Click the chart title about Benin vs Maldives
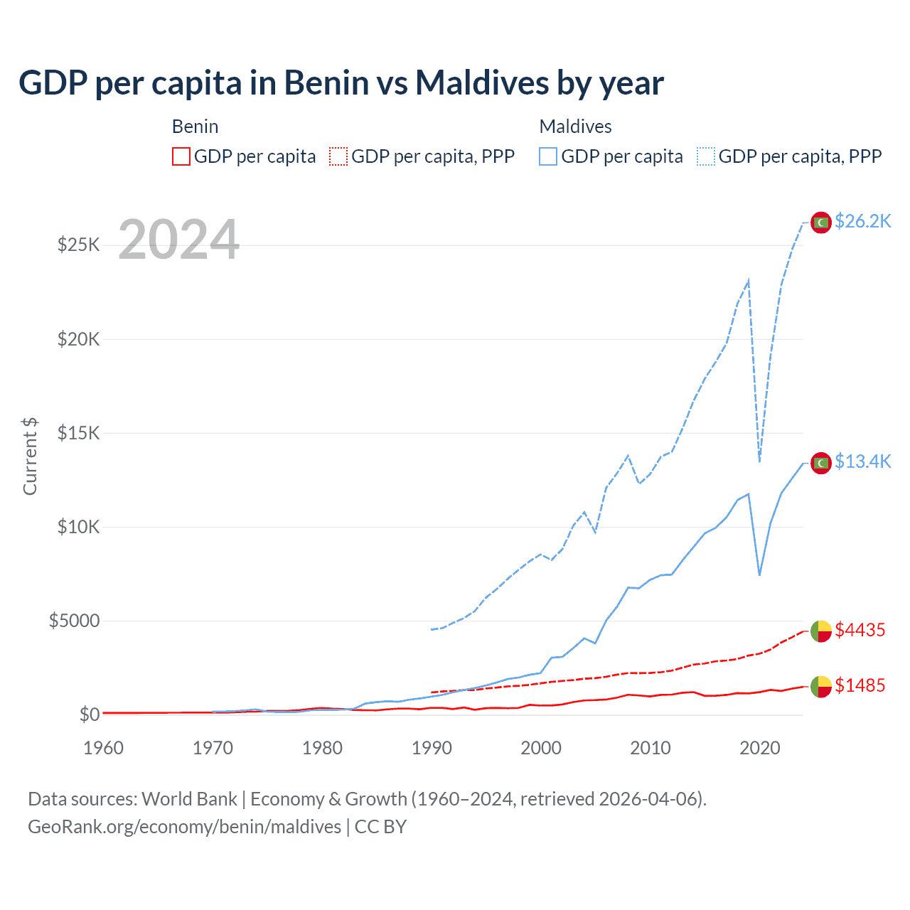pos(341,82)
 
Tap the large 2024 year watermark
pos(178,240)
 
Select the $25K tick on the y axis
pos(78,245)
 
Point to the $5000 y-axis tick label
pos(74,621)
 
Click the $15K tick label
pos(78,433)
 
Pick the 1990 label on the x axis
pos(432,748)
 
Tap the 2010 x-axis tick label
pos(651,748)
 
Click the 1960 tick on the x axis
pos(104,748)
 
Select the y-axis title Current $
pos(30,456)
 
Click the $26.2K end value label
pos(862,222)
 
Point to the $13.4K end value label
pos(862,462)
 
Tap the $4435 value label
pos(860,630)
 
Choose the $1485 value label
pos(860,685)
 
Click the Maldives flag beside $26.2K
pos(821,223)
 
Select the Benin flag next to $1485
pos(821,687)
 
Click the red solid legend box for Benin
pos(181,156)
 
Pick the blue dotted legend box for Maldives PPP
pos(706,156)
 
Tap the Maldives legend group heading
pos(575,127)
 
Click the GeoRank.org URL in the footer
pos(185,827)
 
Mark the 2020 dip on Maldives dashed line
pos(760,461)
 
